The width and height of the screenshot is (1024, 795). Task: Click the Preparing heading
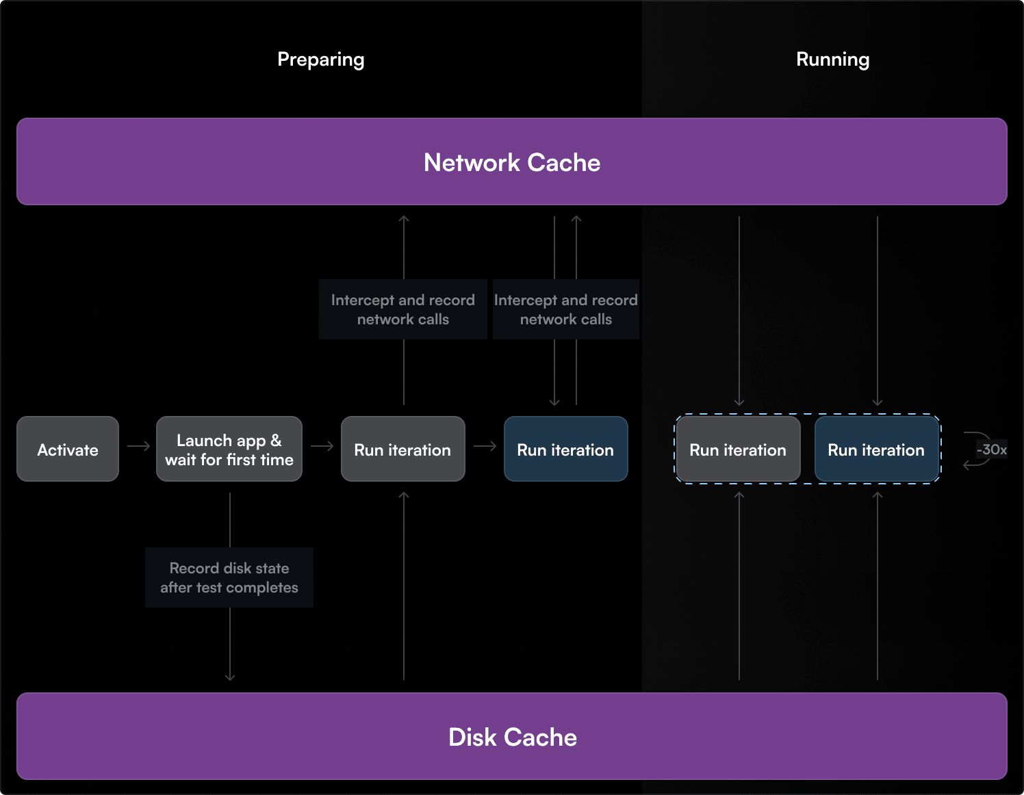tap(320, 60)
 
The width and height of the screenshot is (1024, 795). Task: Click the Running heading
tap(832, 60)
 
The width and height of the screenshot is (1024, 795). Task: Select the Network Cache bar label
tap(511, 162)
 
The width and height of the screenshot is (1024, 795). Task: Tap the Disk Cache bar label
tap(512, 737)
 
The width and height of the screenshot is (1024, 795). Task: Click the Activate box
tap(68, 449)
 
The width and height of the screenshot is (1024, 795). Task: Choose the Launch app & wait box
tap(229, 449)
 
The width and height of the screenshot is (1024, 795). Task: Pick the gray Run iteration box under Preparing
tap(402, 449)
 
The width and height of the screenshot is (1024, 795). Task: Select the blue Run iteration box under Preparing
tap(565, 449)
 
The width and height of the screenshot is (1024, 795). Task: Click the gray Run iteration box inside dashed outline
tap(737, 449)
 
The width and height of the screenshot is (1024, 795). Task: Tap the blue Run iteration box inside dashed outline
tap(876, 449)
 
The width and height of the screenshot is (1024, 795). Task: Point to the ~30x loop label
tap(991, 449)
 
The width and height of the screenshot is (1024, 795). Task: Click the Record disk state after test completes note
tap(229, 577)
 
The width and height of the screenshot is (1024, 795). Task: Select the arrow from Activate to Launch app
tap(138, 446)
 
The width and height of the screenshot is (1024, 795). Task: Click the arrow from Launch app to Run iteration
tap(322, 446)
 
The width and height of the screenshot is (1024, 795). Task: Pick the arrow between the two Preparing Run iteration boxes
tap(485, 446)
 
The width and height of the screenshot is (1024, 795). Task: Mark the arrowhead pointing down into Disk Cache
tap(230, 677)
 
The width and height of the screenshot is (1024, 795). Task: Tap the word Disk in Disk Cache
tap(472, 737)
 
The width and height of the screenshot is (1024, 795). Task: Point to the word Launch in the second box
tap(203, 440)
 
